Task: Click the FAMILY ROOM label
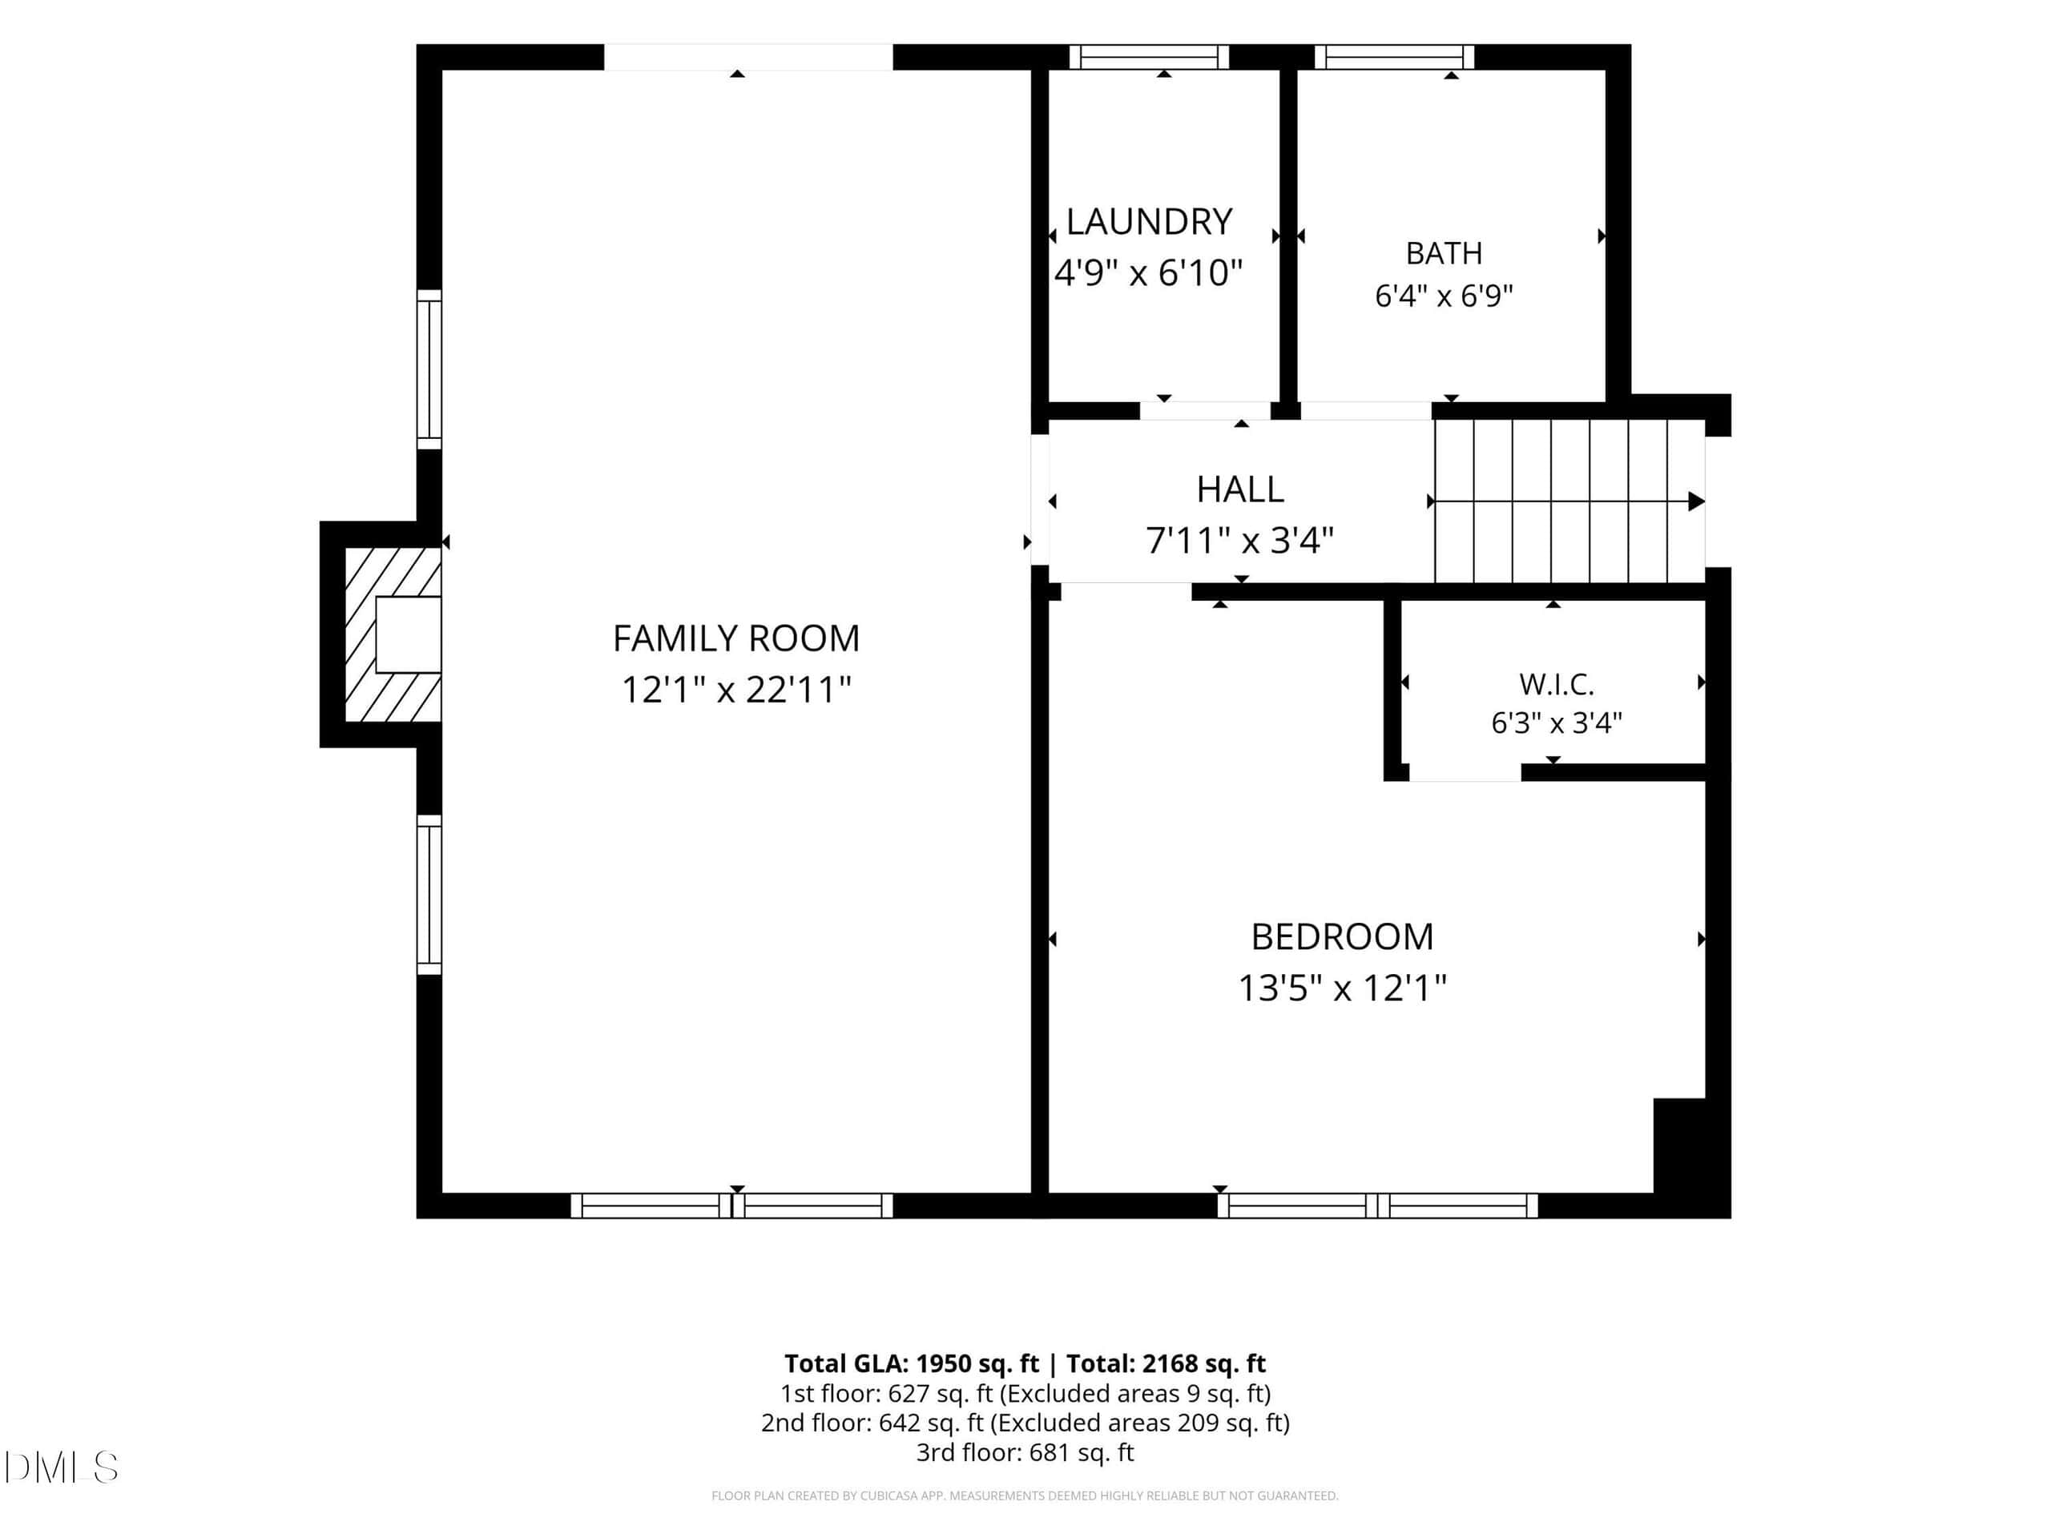click(736, 638)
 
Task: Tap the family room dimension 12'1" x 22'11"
click(736, 690)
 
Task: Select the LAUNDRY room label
click(1149, 223)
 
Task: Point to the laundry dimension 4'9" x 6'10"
click(1148, 273)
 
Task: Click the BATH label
click(1444, 253)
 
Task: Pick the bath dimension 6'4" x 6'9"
click(1444, 296)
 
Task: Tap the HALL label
click(1239, 489)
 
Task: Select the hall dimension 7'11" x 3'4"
click(1239, 541)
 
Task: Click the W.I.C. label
click(1556, 685)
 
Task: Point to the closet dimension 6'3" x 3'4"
click(1556, 723)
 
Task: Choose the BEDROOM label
click(1342, 937)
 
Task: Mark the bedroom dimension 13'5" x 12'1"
click(1342, 988)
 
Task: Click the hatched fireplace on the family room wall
click(393, 634)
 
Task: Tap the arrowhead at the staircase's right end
click(1696, 501)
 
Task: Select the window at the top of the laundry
click(1149, 58)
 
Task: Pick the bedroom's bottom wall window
click(1377, 1206)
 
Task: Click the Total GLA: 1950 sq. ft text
click(912, 1363)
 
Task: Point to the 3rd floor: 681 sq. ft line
click(1025, 1453)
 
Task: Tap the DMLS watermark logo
click(61, 1468)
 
